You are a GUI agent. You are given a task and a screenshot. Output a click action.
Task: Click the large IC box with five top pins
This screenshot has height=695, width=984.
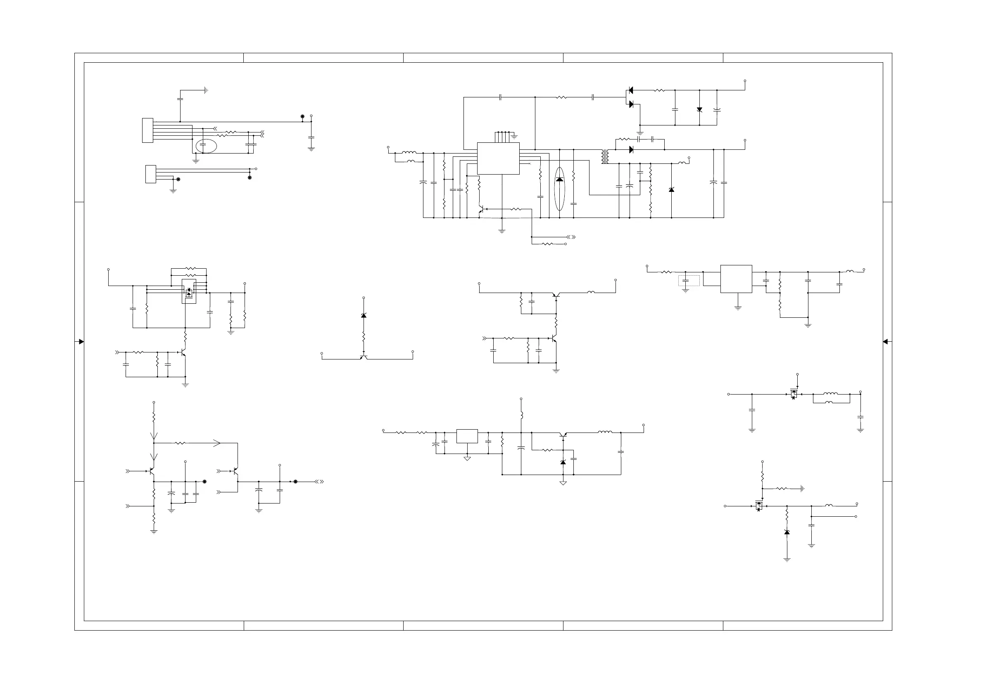pyautogui.click(x=498, y=158)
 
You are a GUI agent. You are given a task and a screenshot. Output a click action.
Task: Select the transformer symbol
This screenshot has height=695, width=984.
pyautogui.click(x=605, y=157)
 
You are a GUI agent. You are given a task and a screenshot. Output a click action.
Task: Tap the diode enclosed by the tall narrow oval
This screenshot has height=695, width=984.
pyautogui.click(x=559, y=179)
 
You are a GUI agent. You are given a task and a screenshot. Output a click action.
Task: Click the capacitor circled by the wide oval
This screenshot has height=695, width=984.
pyautogui.click(x=203, y=146)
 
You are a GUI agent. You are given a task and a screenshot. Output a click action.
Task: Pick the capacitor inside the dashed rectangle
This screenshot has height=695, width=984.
pyautogui.click(x=685, y=281)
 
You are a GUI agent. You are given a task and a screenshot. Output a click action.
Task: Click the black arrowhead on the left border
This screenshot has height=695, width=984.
pyautogui.click(x=81, y=342)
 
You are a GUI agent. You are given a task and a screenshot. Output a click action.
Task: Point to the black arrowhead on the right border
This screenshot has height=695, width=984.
pyautogui.click(x=885, y=342)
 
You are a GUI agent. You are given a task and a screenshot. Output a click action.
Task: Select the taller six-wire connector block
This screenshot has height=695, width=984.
pyautogui.click(x=147, y=130)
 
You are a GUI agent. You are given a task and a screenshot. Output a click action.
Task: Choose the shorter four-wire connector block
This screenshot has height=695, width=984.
pyautogui.click(x=150, y=174)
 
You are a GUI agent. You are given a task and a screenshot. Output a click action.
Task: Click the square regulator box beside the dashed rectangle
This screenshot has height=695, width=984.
pyautogui.click(x=736, y=279)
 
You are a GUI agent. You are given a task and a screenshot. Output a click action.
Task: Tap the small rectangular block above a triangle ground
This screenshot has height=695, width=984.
pyautogui.click(x=467, y=436)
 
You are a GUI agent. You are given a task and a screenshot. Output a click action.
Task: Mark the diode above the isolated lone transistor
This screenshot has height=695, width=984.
pyautogui.click(x=364, y=316)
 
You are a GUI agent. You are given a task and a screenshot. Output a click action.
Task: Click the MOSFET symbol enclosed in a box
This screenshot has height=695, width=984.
pyautogui.click(x=189, y=292)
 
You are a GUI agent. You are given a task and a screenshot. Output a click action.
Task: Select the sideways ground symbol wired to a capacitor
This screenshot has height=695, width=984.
pyautogui.click(x=206, y=90)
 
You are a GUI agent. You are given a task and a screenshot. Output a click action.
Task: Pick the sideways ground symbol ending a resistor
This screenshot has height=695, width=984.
pyautogui.click(x=802, y=489)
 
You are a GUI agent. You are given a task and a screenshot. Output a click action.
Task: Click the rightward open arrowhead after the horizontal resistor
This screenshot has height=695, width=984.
pyautogui.click(x=217, y=443)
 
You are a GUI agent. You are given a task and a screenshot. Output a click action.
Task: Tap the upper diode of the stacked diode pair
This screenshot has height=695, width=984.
pyautogui.click(x=630, y=90)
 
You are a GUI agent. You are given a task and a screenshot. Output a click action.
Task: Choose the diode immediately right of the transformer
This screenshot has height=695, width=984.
pyautogui.click(x=631, y=149)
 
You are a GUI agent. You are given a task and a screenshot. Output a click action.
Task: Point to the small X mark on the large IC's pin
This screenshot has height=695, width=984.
pyautogui.click(x=530, y=163)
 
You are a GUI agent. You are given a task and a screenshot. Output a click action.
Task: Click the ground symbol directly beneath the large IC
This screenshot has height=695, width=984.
pyautogui.click(x=502, y=231)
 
